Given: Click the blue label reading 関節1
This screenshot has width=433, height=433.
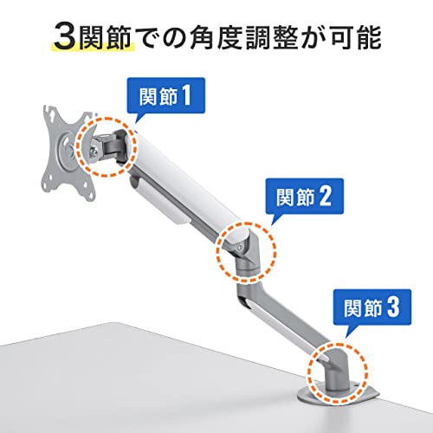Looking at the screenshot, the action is point(166,96).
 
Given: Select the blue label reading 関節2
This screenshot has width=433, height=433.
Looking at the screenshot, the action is point(304,197).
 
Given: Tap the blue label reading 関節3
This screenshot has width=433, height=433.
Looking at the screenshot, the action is point(372,307).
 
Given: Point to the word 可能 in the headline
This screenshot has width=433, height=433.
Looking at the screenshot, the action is point(356,37).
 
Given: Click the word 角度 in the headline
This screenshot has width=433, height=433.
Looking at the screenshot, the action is point(215,37).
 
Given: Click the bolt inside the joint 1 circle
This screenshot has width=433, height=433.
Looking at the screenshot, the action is point(94,151).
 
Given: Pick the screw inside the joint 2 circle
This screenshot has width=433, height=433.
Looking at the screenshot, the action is point(240,246).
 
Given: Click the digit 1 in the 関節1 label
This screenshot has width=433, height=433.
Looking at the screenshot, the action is point(185,96).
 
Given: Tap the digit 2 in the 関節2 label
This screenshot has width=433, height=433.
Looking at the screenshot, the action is point(325,197).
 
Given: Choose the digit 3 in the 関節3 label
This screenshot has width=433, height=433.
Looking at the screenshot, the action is point(393,307).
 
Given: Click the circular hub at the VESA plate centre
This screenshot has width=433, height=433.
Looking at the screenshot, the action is point(67,148).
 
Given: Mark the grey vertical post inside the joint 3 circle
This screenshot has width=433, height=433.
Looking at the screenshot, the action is point(334,375).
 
